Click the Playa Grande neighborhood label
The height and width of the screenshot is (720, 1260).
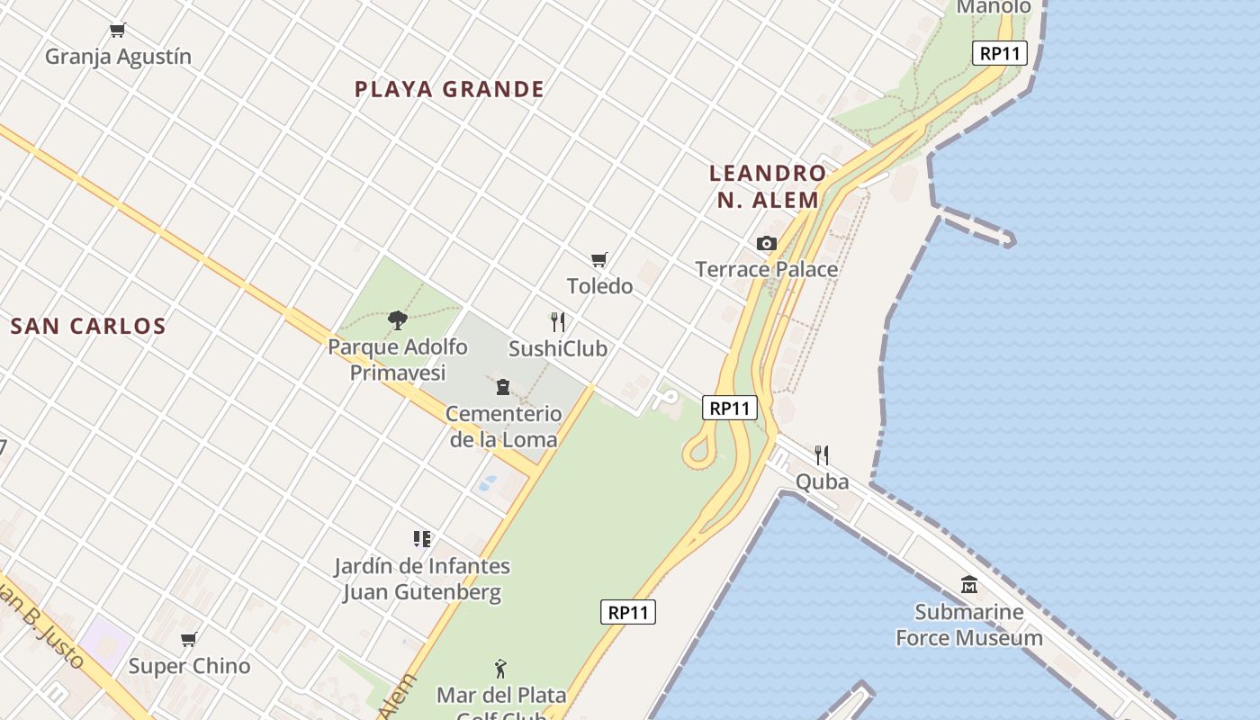click(x=449, y=89)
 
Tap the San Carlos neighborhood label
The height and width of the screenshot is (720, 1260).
click(x=88, y=326)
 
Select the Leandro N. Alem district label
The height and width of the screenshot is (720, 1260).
click(x=768, y=186)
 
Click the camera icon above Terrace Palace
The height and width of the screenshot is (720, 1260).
click(x=767, y=243)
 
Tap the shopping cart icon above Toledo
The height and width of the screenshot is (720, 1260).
click(x=599, y=260)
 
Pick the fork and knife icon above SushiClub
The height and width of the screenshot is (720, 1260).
click(x=558, y=322)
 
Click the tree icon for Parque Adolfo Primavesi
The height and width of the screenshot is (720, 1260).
click(x=397, y=320)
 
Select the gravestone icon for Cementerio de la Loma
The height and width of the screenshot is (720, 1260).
click(x=503, y=387)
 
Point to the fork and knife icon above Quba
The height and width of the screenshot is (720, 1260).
click(x=822, y=454)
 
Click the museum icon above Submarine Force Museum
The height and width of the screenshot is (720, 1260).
click(x=969, y=585)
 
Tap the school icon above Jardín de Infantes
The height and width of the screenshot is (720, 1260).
click(x=422, y=539)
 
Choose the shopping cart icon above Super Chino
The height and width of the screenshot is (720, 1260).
click(x=189, y=640)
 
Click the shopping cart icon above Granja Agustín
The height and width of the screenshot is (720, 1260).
click(x=118, y=31)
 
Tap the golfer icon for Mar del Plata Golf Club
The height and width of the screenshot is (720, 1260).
click(x=501, y=669)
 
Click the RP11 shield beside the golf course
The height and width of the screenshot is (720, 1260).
click(x=628, y=612)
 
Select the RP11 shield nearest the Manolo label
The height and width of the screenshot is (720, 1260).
click(x=1000, y=53)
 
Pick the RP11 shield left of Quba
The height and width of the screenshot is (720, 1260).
click(x=729, y=408)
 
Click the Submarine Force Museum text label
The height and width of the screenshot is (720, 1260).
click(x=969, y=625)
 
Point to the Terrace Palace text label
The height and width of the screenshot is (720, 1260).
click(x=767, y=269)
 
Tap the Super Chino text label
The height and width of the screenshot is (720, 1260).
click(x=189, y=666)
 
